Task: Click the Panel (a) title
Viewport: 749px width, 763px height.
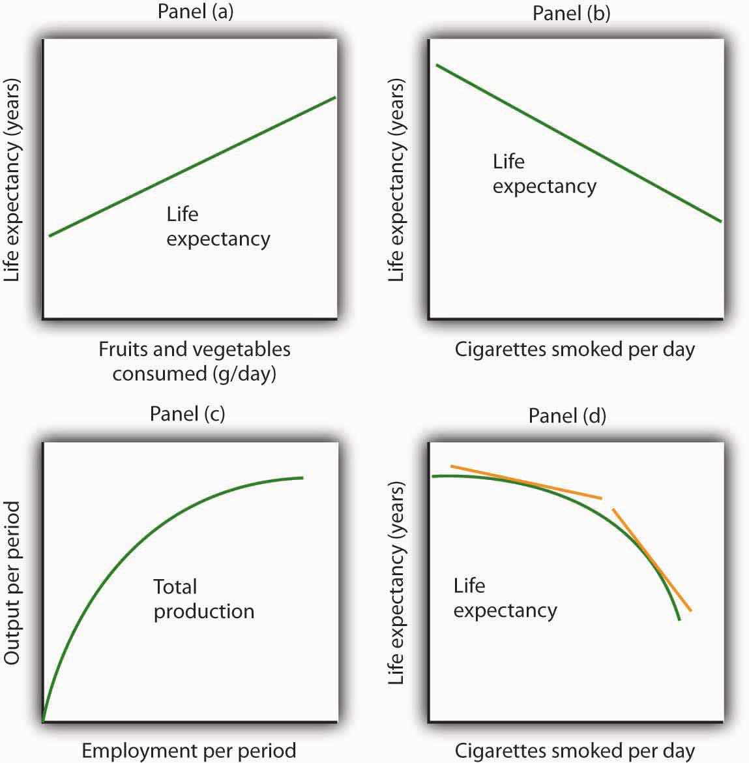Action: pos(196,12)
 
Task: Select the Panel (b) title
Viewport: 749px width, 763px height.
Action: pos(571,14)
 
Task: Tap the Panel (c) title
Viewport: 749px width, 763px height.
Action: pos(187,413)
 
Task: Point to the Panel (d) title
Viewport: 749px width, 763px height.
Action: pos(567,415)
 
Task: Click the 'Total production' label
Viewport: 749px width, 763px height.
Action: pos(203,599)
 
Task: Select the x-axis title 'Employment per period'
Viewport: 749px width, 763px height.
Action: pos(189,751)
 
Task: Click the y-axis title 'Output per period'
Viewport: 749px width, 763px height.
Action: pos(12,583)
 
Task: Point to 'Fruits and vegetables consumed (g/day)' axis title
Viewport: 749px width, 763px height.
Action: pos(194,361)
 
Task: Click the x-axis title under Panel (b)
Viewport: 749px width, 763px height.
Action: pos(574,350)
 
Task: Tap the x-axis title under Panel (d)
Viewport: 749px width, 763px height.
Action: pos(574,751)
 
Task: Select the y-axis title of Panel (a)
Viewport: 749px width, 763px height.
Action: pos(12,181)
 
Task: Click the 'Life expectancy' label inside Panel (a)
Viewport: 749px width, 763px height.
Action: pos(218,226)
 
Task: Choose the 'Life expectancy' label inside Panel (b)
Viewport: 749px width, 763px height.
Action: pos(544,173)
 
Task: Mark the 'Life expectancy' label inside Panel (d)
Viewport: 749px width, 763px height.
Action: pos(505,598)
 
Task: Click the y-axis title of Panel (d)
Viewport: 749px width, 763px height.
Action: pos(396,583)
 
